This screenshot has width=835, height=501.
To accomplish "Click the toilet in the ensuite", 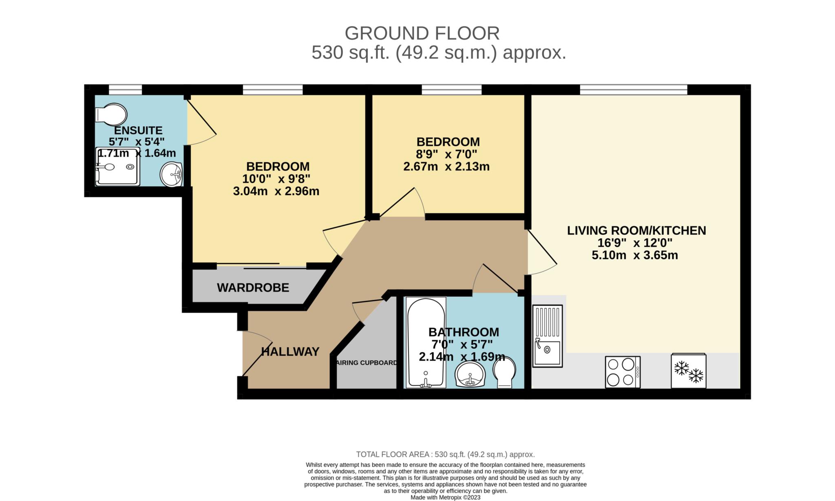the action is click(110, 114).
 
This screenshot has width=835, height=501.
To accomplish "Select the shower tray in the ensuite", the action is click(117, 167).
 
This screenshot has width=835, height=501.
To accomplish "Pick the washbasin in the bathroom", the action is click(471, 374).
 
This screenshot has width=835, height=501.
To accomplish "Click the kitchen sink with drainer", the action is click(548, 336).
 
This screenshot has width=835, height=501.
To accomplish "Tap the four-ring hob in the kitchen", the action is click(623, 372).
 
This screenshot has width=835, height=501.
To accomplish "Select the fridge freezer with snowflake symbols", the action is click(689, 371).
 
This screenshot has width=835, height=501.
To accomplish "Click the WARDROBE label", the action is click(253, 288).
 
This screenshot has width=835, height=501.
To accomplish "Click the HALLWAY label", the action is click(290, 352).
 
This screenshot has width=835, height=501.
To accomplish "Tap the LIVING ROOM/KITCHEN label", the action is click(636, 230).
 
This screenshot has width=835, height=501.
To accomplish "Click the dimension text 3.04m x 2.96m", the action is click(276, 191).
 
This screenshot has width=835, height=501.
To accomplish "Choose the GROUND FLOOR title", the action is click(422, 33).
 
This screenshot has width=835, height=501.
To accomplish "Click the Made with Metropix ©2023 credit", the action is click(446, 497).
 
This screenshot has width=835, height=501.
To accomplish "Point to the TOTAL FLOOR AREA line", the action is click(446, 454).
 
